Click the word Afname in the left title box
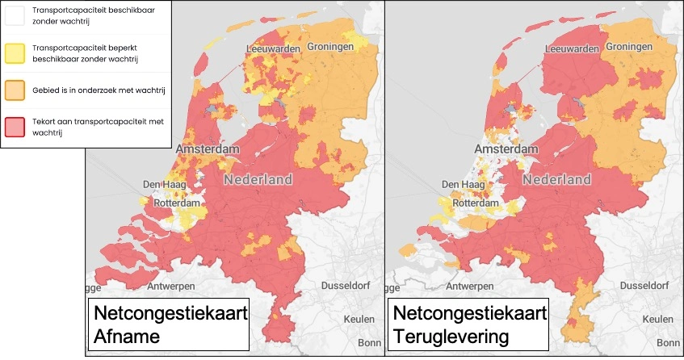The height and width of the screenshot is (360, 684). click(x=124, y=337)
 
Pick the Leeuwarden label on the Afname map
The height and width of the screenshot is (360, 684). click(x=272, y=49)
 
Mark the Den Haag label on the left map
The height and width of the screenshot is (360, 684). click(x=165, y=185)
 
